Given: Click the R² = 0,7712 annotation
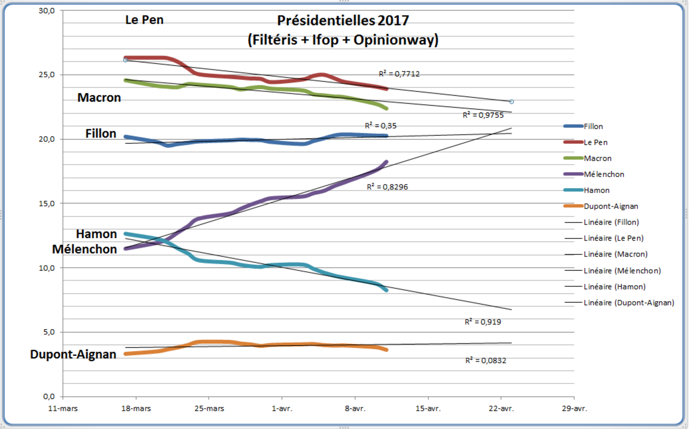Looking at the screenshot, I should tap(399, 74).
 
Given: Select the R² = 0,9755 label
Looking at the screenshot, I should tap(483, 115).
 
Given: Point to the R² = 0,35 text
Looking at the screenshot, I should tap(381, 126).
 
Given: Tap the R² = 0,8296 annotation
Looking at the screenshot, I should tap(387, 187).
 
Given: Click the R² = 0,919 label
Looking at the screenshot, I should tap(483, 322).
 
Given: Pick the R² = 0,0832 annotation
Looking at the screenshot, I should tap(485, 360).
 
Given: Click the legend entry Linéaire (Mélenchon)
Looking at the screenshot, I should tap(622, 270).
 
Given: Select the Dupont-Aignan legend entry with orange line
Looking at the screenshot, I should tap(611, 206).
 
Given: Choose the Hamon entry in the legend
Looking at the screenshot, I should tap(596, 190).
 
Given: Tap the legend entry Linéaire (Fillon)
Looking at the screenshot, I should tap(611, 222).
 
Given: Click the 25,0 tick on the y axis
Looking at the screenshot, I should tap(47, 75).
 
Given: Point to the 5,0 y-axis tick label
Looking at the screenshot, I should tap(49, 332).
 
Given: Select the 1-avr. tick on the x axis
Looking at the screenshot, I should tap(282, 409).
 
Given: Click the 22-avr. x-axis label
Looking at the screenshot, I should tap(501, 409).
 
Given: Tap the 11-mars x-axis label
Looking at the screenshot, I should tap(63, 409).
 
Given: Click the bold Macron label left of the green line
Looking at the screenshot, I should tap(99, 98).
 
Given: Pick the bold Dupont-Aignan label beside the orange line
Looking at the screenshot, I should tap(73, 354).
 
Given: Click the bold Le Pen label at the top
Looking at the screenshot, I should tap(144, 20).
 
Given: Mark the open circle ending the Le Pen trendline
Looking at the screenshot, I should tap(511, 102).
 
